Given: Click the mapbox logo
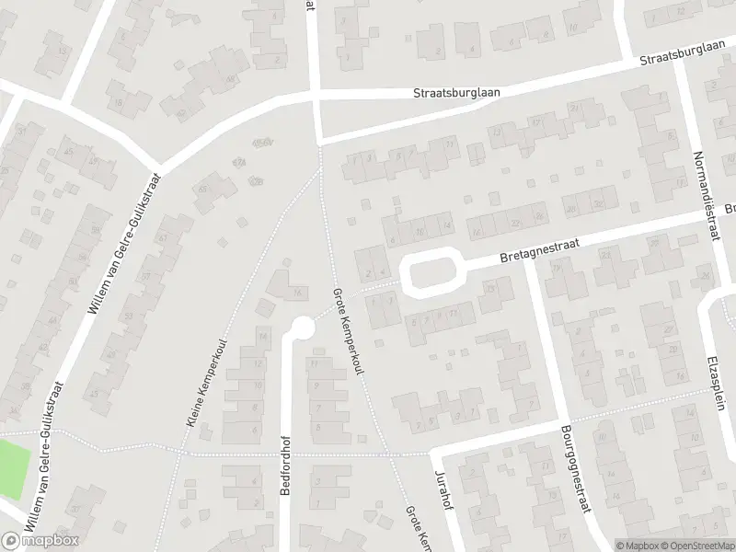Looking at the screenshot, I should (x=40, y=540).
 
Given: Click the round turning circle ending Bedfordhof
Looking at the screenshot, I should (x=302, y=327).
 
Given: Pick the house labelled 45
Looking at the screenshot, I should (x=69, y=152).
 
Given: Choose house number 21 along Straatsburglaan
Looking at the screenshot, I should (x=573, y=109).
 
